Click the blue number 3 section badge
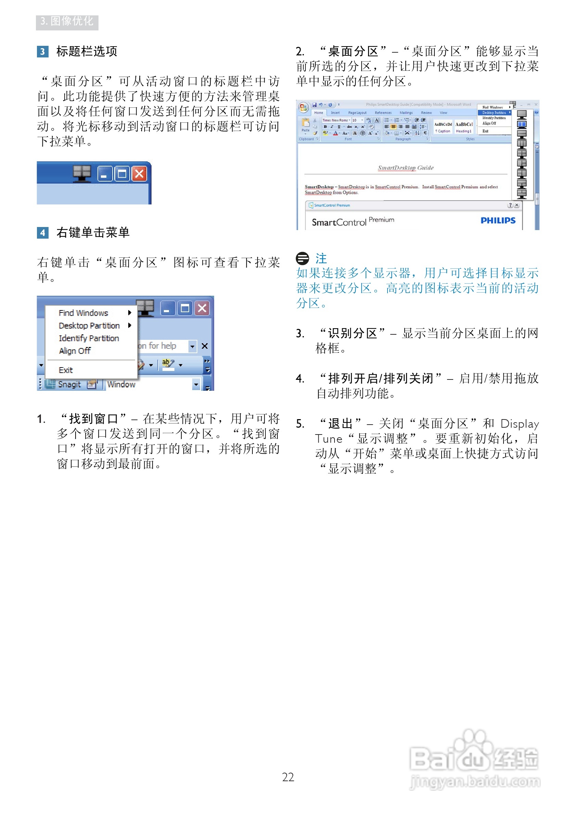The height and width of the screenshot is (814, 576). [x=42, y=52]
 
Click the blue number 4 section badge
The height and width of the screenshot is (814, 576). [x=42, y=233]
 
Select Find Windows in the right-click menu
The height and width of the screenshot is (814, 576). [x=83, y=313]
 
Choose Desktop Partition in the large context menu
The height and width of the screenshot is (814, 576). [x=89, y=326]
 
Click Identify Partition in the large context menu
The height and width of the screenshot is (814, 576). [x=89, y=338]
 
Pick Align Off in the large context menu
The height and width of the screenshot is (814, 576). [x=75, y=351]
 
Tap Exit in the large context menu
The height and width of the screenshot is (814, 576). [x=66, y=371]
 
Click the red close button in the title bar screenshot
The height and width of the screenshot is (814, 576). [x=140, y=174]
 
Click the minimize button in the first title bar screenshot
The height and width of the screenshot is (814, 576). [x=105, y=174]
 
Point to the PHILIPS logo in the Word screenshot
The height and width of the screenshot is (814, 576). [x=498, y=221]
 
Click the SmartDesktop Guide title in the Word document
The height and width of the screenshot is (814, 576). [x=405, y=168]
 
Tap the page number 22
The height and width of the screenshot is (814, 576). [x=288, y=777]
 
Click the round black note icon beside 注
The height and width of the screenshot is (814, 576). [x=302, y=258]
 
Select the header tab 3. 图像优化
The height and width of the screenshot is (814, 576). [x=67, y=22]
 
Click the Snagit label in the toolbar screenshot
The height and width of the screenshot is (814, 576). [x=69, y=385]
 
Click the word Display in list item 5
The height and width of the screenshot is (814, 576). [x=519, y=424]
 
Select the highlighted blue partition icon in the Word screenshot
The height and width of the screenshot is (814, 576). [x=521, y=124]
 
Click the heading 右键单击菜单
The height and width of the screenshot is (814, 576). [x=93, y=233]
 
